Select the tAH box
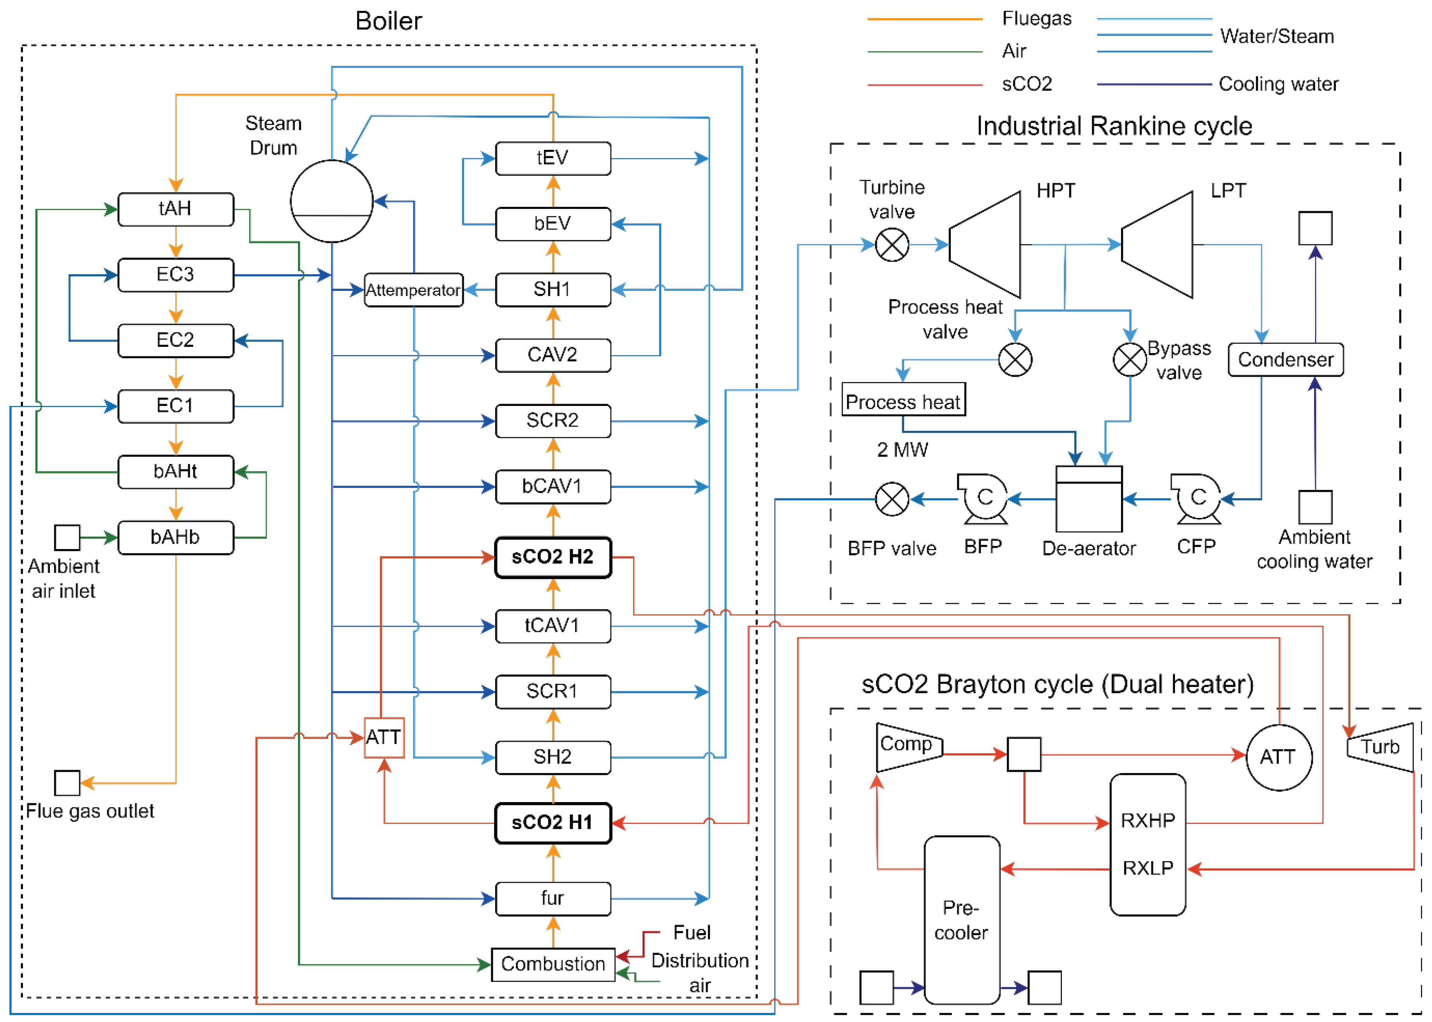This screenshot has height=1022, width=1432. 175,209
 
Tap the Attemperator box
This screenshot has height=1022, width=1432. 413,290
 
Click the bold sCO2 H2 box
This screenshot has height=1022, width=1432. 552,557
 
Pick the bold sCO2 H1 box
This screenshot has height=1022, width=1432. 552,823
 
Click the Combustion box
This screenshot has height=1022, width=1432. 552,964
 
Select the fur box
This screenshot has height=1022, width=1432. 552,898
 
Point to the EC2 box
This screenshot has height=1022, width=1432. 175,341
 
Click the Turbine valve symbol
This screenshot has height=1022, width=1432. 892,245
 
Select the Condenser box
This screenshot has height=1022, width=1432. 1285,360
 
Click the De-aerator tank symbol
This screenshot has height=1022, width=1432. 1088,499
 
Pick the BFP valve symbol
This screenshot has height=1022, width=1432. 892,499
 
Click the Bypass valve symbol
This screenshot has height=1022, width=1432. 1130,360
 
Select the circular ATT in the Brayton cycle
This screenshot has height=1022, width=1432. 1279,757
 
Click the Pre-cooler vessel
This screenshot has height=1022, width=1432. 961,920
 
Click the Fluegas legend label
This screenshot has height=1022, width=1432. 1036,19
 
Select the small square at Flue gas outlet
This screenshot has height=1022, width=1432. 67,783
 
